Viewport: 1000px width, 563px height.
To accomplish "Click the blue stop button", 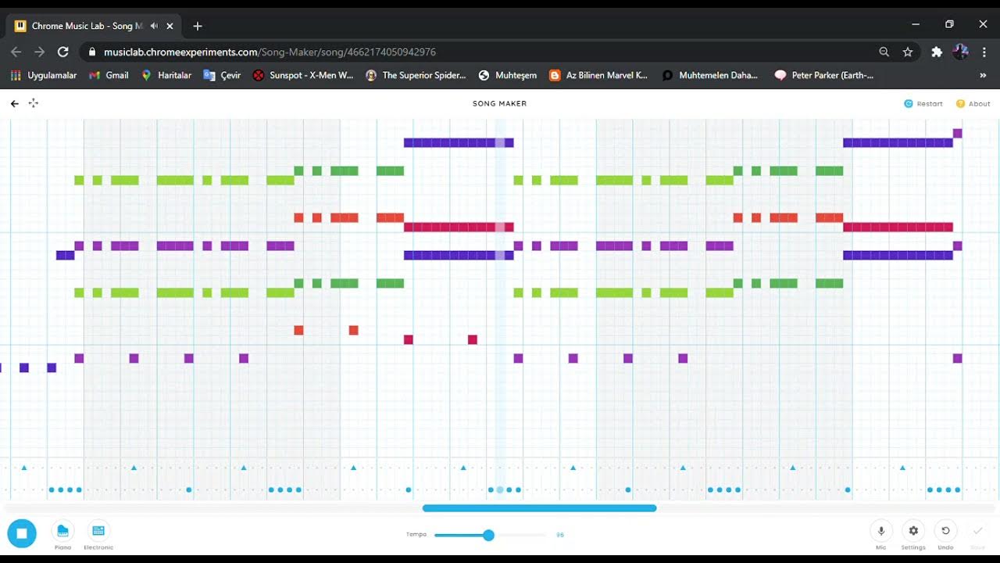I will click(x=22, y=533).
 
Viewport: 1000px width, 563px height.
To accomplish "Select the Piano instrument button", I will click(x=62, y=532).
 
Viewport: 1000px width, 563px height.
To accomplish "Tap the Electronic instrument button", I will click(x=98, y=532).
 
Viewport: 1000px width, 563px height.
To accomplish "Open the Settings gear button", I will click(x=913, y=531).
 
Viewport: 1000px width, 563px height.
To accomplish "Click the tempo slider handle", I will click(x=488, y=535).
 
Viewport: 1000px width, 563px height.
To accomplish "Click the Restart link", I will click(x=923, y=103).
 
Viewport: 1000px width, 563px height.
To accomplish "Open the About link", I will click(x=973, y=103).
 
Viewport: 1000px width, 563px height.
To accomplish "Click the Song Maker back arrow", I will click(x=15, y=103).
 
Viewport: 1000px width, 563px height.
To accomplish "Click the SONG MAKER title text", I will click(x=499, y=103).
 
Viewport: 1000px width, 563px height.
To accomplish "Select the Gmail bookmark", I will click(x=109, y=75).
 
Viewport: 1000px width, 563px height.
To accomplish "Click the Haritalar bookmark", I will click(x=166, y=75).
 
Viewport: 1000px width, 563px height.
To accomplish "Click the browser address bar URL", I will click(x=270, y=52).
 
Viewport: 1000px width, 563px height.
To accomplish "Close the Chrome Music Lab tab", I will click(x=170, y=26).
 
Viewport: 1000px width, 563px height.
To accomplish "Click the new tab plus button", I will click(x=198, y=26).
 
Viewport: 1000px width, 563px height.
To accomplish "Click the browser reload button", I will click(x=63, y=52).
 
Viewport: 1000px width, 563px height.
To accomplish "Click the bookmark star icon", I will click(x=908, y=52).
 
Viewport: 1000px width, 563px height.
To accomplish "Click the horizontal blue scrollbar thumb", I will click(x=539, y=508).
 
